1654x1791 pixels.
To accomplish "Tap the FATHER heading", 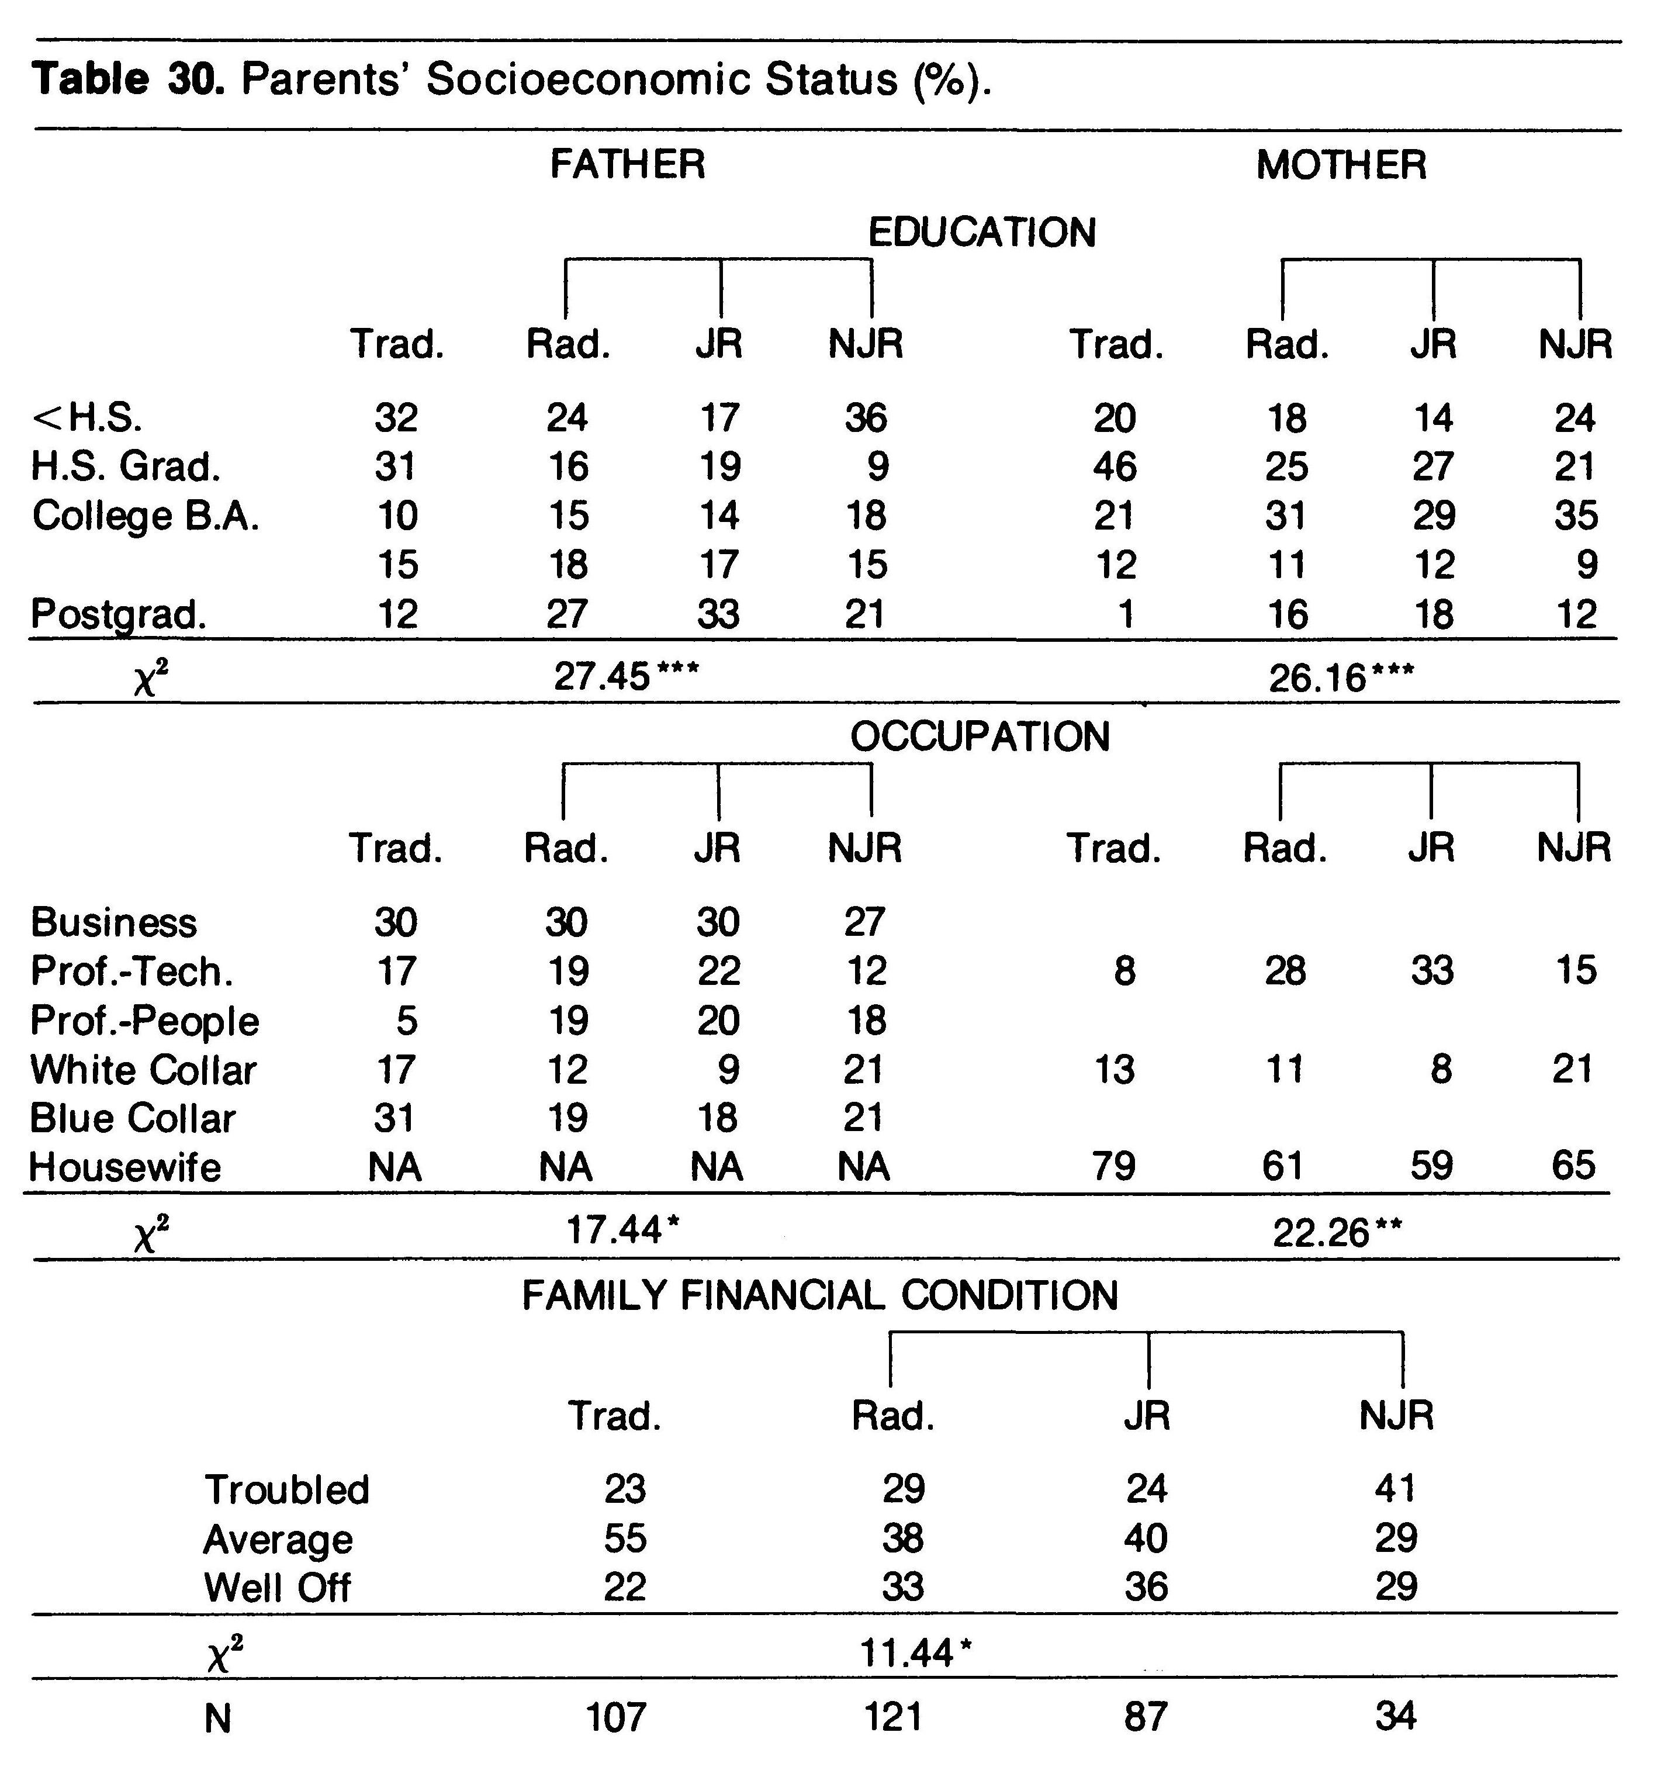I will [x=628, y=165].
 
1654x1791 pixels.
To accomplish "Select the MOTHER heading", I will [x=1341, y=165].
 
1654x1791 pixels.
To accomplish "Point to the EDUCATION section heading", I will [x=982, y=233].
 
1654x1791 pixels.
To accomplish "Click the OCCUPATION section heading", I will [x=980, y=737].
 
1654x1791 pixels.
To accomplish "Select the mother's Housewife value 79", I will [x=1113, y=1166].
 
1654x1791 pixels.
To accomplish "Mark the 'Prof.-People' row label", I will [x=145, y=1021].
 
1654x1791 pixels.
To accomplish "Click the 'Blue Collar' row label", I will [x=133, y=1119].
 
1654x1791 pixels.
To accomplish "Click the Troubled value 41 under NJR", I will [x=1395, y=1488].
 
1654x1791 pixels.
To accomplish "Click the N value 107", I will [x=617, y=1717].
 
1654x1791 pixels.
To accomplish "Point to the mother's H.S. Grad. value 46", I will [x=1115, y=467].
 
